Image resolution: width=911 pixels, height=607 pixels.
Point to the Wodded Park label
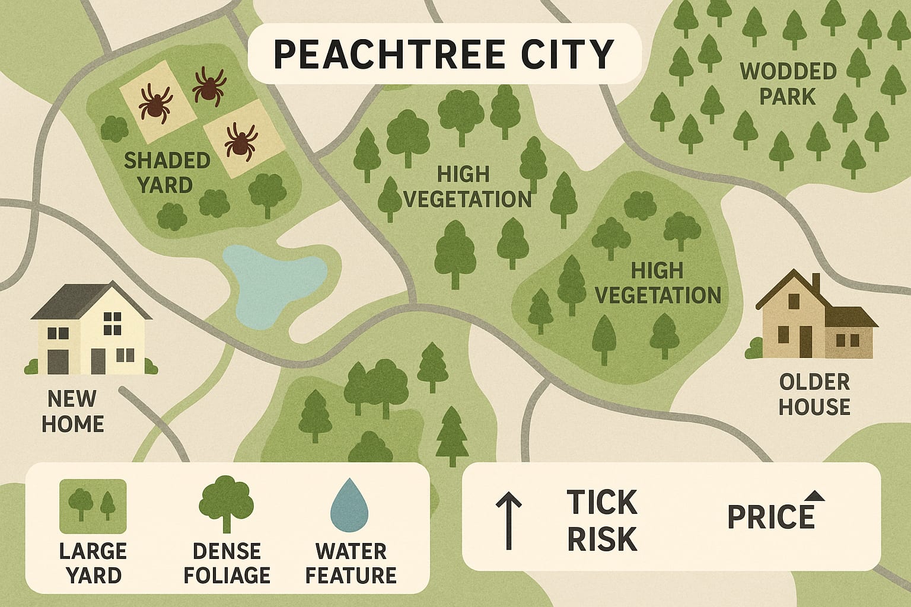tap(788, 84)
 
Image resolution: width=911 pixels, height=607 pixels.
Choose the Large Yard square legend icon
tap(93, 506)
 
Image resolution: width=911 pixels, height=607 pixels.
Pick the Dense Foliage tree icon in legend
tap(226, 504)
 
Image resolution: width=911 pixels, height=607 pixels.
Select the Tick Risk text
tap(601, 520)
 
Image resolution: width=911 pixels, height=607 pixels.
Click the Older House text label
tap(814, 394)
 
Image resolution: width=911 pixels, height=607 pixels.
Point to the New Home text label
tap(73, 411)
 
